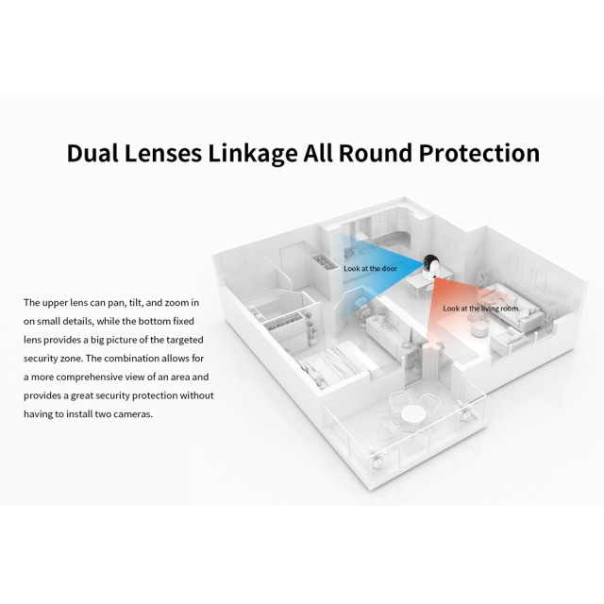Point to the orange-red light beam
(445, 321)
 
